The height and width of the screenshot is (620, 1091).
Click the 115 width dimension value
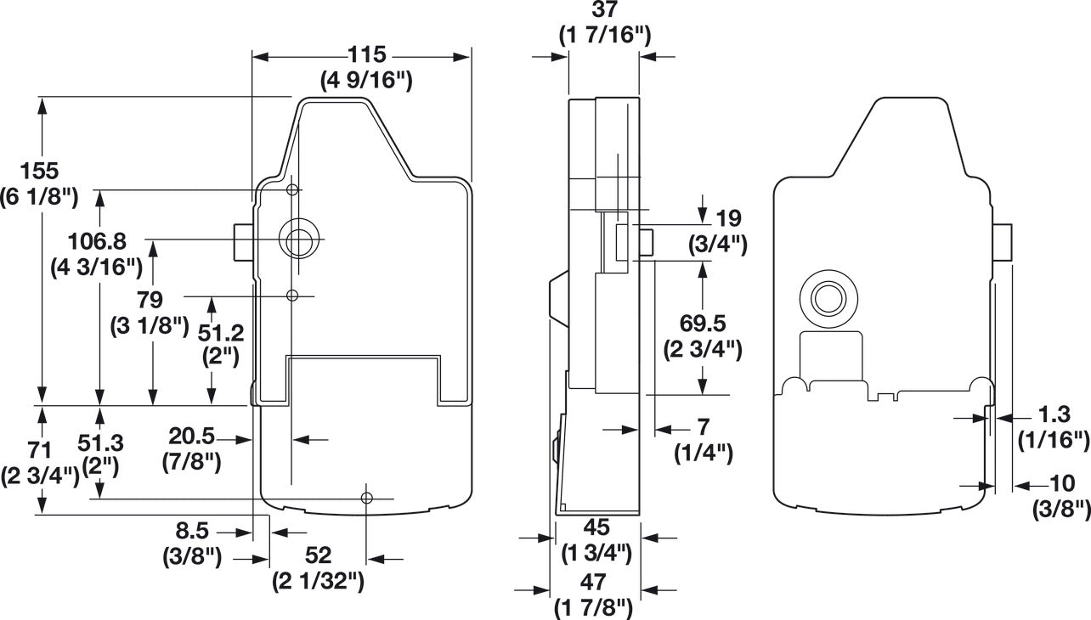(367, 54)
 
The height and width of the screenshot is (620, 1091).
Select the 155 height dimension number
(39, 171)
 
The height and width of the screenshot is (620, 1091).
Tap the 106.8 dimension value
(97, 241)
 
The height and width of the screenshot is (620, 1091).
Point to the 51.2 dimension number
(221, 334)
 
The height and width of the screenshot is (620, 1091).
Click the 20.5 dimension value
(191, 437)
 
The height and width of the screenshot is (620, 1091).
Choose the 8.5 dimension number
(192, 531)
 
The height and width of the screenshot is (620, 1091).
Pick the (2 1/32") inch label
(318, 581)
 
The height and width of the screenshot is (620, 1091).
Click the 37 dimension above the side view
(604, 9)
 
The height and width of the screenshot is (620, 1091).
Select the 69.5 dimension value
(703, 323)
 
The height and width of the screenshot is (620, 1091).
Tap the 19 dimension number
(729, 218)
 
